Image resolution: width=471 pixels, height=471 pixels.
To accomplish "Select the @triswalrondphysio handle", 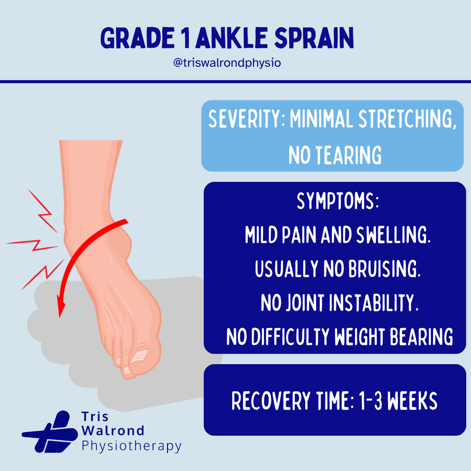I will [227, 63].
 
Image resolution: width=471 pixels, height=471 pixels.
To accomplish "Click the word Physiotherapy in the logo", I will [131, 445].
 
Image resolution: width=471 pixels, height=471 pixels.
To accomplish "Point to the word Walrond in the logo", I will [113, 430].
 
